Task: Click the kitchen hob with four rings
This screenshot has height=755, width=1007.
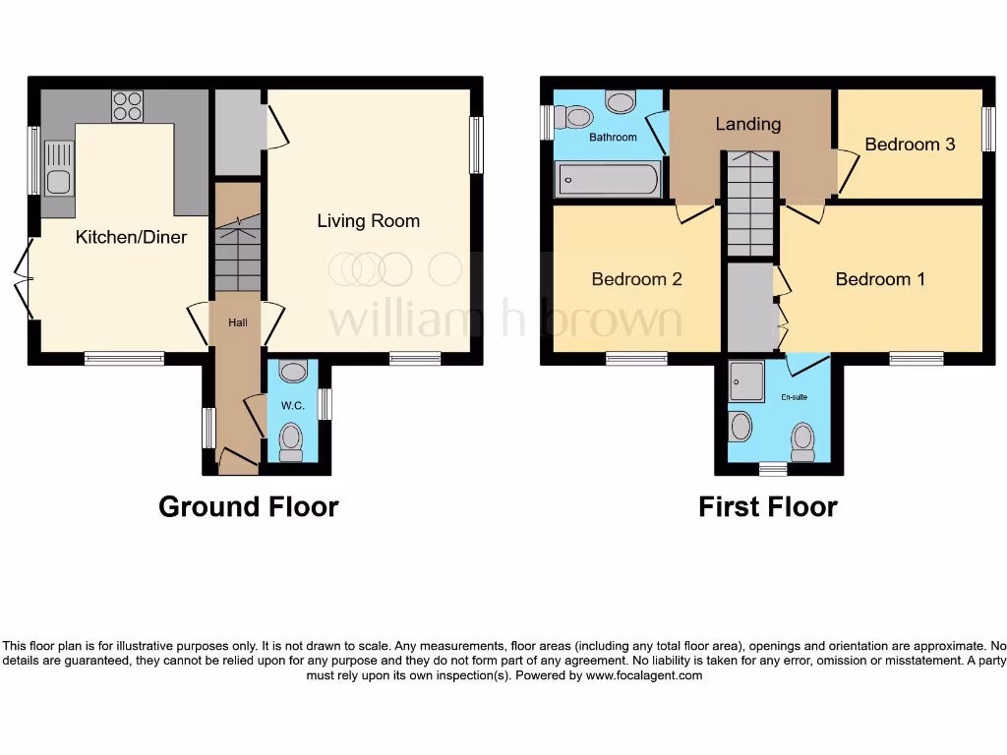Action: click(127, 105)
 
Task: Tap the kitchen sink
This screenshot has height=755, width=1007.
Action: click(58, 168)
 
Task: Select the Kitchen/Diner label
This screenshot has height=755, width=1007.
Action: click(131, 237)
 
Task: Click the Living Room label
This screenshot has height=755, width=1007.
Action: click(368, 221)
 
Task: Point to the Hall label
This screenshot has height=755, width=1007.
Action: click(238, 322)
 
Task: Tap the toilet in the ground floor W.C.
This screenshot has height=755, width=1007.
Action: click(291, 441)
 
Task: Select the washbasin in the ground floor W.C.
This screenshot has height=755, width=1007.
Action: click(292, 372)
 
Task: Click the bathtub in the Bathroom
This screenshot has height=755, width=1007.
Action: click(608, 179)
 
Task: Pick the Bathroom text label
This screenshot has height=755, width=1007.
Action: click(613, 138)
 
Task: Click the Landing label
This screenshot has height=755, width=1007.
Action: click(747, 124)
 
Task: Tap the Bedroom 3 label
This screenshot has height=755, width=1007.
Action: click(910, 145)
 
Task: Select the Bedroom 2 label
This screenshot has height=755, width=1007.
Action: click(636, 279)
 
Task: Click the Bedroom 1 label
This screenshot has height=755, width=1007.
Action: click(880, 279)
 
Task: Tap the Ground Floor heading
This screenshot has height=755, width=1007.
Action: click(249, 507)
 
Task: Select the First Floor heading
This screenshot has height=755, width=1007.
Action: click(767, 507)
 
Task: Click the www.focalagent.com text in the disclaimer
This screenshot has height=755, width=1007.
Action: click(644, 675)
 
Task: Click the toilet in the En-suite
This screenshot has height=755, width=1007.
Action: click(803, 441)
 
